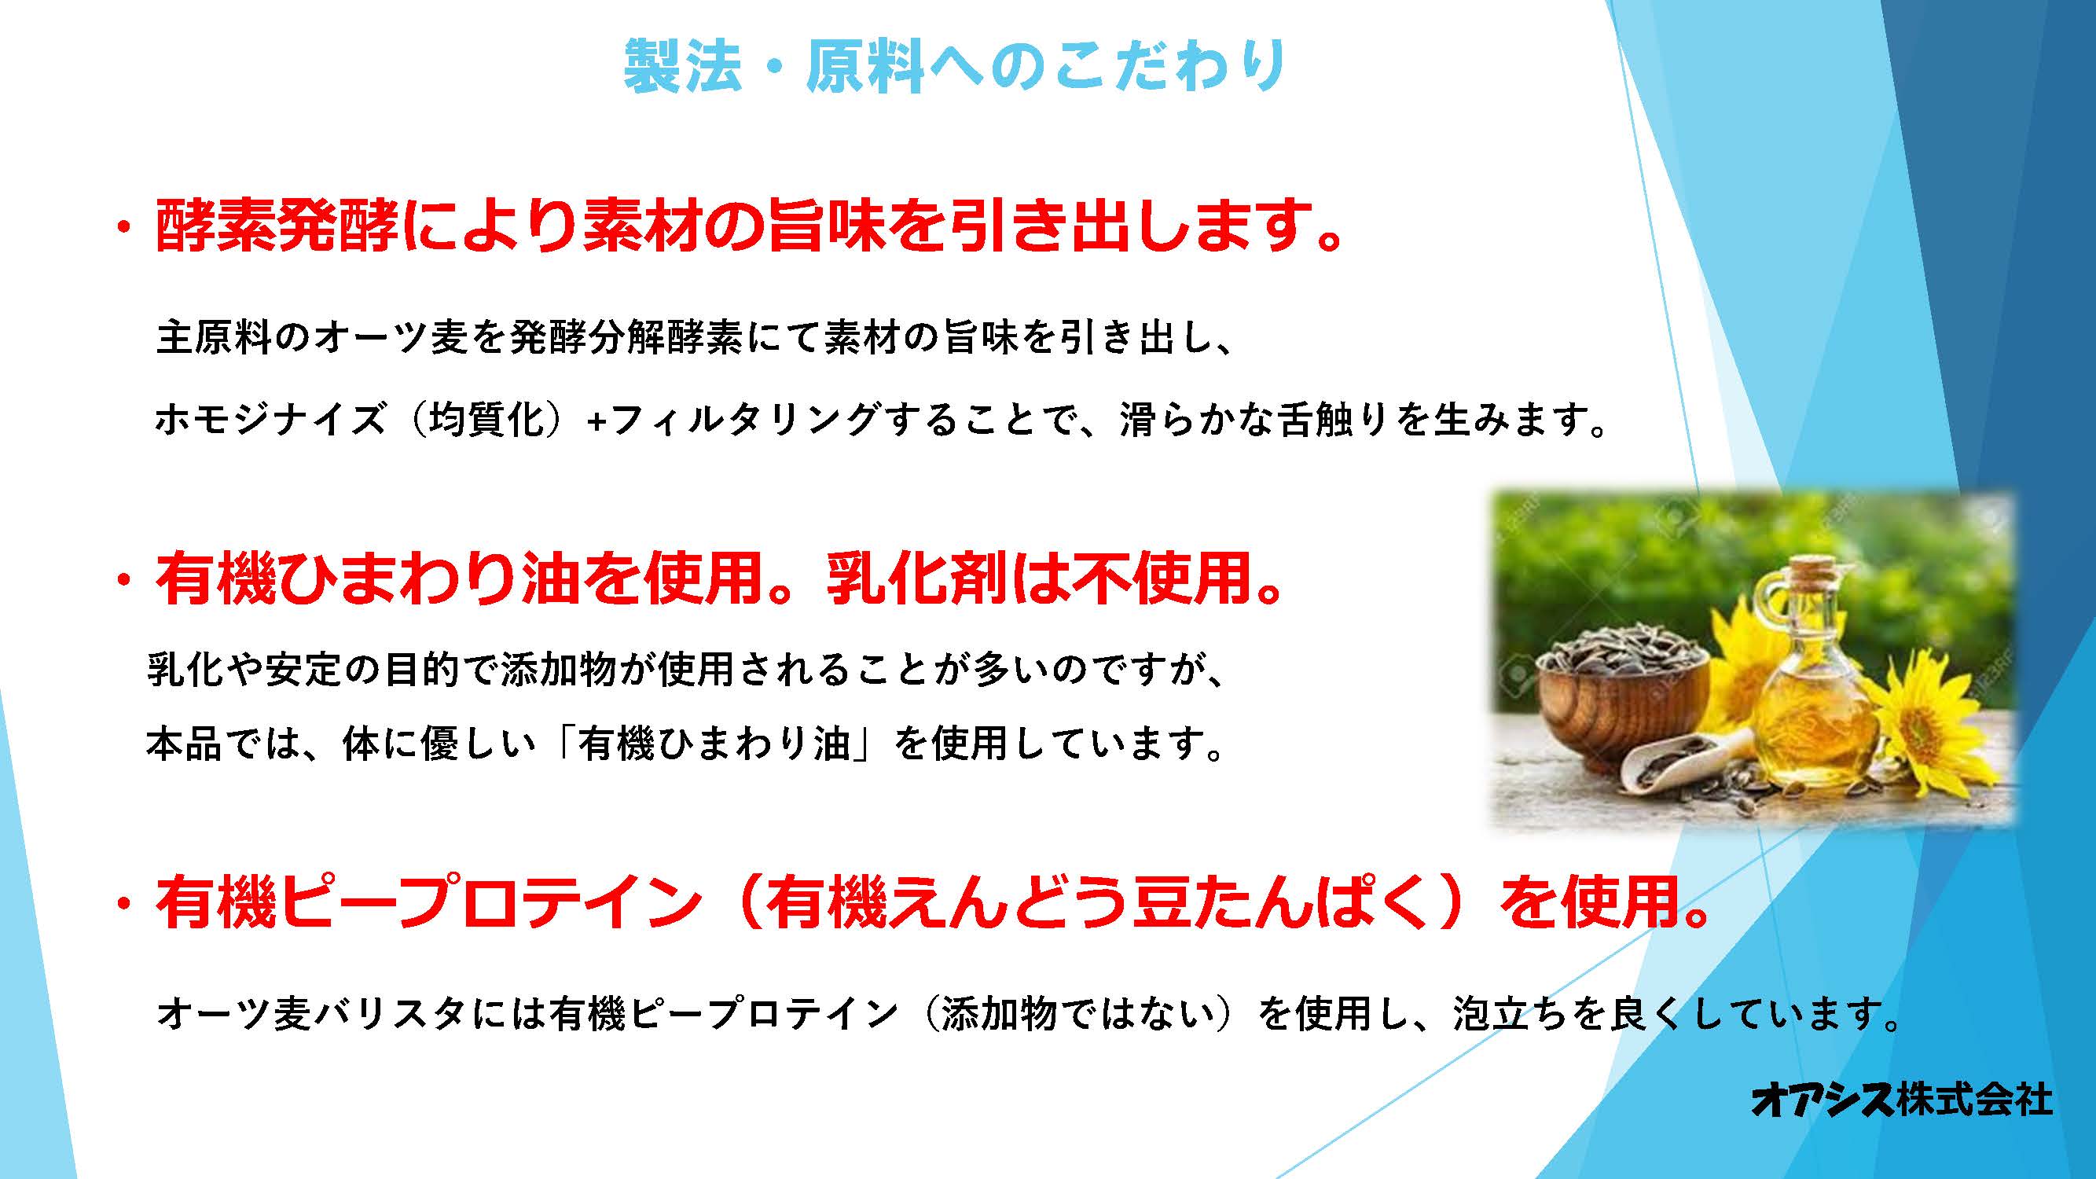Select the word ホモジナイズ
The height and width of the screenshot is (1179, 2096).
click(270, 421)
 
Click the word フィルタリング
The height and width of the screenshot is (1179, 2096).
click(744, 421)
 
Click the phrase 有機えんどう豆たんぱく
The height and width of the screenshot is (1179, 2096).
click(1099, 902)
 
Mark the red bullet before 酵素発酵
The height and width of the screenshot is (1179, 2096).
click(123, 229)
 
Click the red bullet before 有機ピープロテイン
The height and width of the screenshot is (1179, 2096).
click(123, 905)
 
